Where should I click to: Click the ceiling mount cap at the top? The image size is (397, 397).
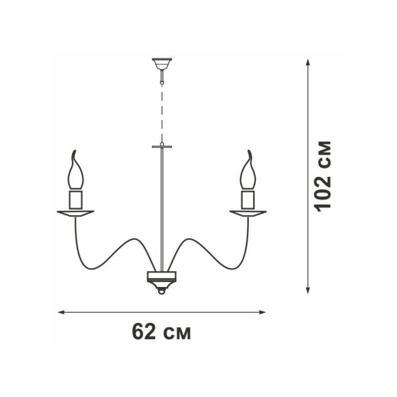tap(162, 64)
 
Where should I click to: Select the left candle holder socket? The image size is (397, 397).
tap(76, 199)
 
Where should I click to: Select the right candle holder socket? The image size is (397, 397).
tap(248, 199)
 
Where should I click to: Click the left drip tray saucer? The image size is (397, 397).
tap(75, 213)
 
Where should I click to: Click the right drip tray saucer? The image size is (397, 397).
tap(248, 213)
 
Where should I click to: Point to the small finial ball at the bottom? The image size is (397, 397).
tap(162, 292)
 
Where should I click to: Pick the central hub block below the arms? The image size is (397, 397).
tap(162, 276)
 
